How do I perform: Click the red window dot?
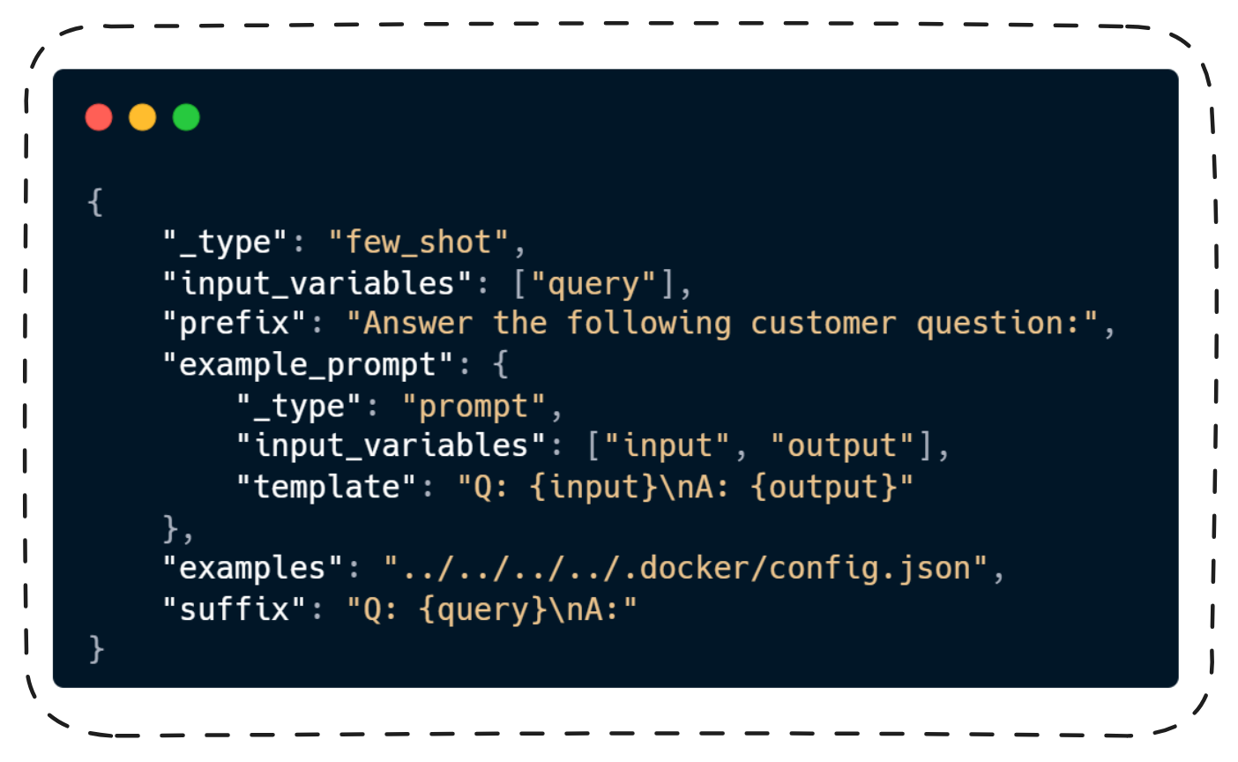click(x=99, y=117)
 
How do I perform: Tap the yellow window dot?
click(x=143, y=117)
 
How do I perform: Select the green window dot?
click(x=186, y=117)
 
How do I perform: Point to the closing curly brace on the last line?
click(x=96, y=650)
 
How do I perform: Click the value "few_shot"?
click(x=419, y=243)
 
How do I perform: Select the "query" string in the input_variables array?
click(x=593, y=284)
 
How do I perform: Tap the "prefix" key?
click(x=235, y=324)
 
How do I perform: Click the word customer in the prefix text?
click(x=823, y=324)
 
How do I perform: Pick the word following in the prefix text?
click(x=648, y=324)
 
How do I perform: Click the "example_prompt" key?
click(x=308, y=365)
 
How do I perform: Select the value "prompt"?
click(x=474, y=407)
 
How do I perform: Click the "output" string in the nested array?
click(x=842, y=446)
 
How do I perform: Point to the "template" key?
click(x=326, y=487)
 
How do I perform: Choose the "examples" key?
click(x=253, y=569)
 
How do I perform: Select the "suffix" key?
click(x=235, y=609)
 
